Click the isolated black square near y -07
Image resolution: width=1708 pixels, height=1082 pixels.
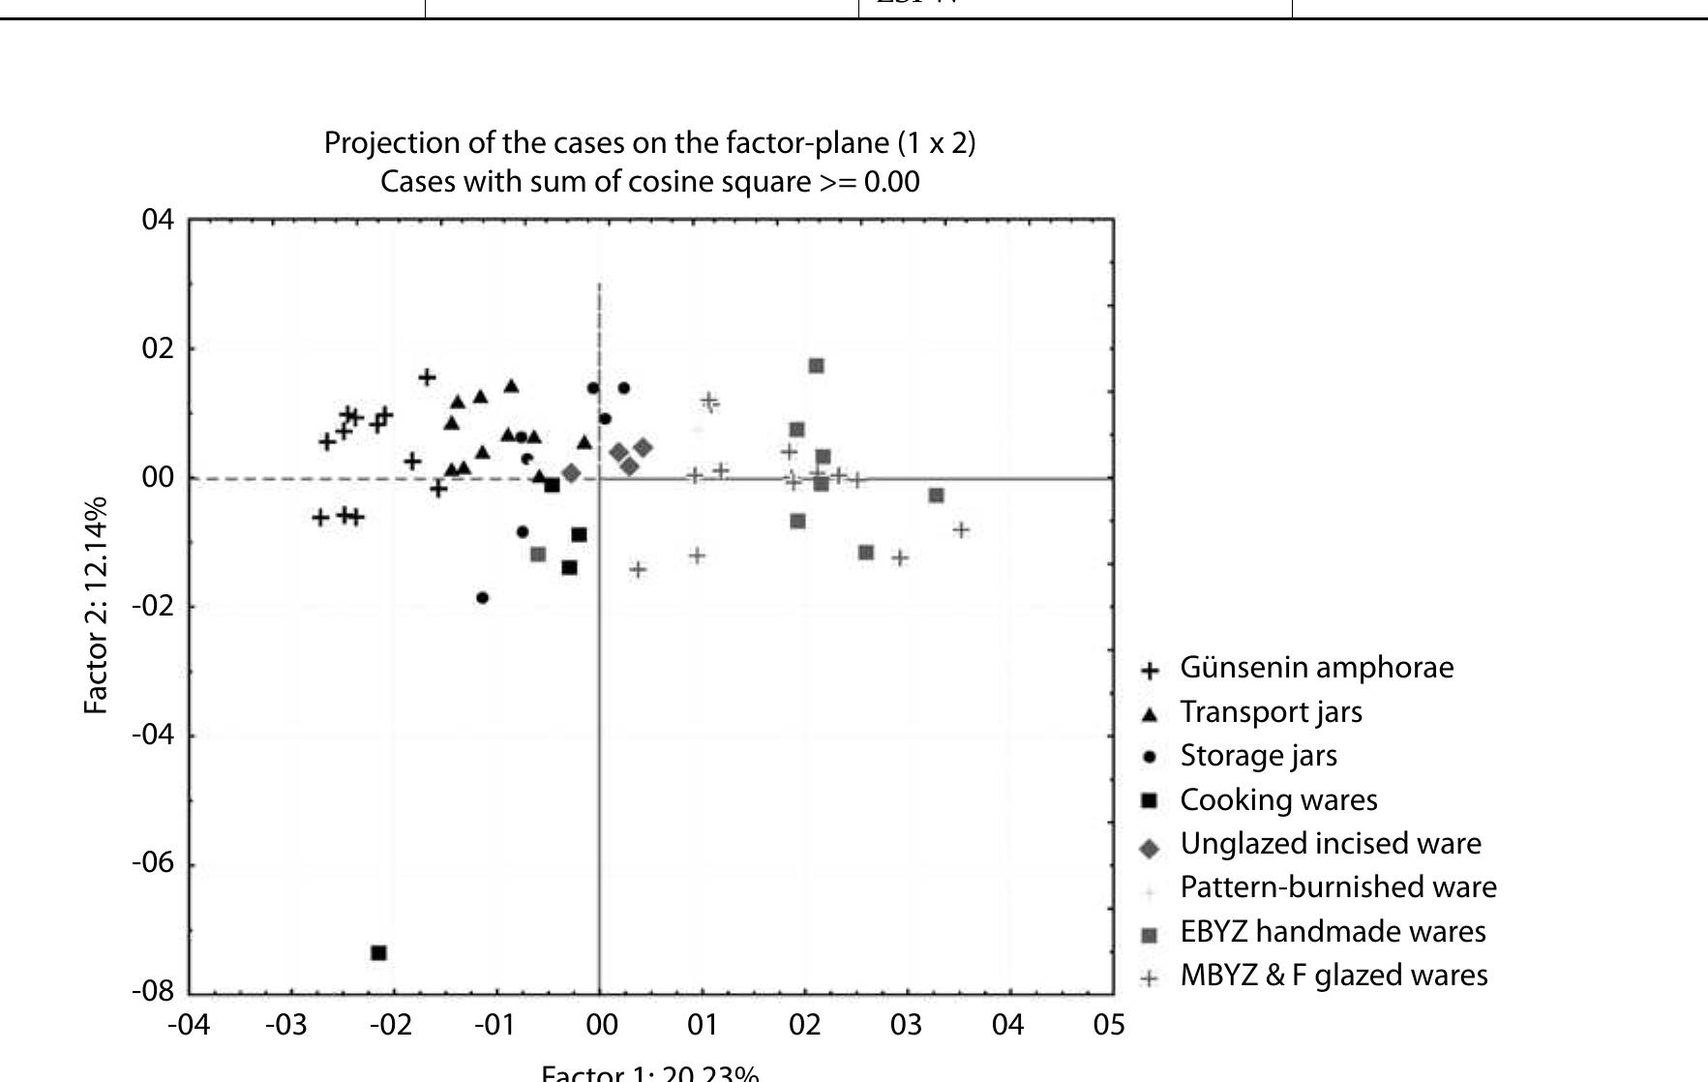click(x=378, y=953)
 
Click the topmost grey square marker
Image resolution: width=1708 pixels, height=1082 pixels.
click(x=817, y=366)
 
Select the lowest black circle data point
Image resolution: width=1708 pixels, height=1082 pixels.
click(x=483, y=598)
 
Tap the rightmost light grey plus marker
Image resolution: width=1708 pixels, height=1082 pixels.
click(x=961, y=530)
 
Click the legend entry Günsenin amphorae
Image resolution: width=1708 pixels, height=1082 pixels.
click(x=1316, y=668)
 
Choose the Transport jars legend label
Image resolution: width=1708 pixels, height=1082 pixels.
click(x=1271, y=712)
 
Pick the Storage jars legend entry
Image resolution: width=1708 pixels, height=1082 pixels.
click(x=1258, y=756)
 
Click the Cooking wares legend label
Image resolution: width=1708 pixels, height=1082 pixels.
click(x=1278, y=800)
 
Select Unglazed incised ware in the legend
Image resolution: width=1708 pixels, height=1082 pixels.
click(x=1330, y=844)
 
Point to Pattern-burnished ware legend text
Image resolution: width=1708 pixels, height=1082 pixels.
click(x=1337, y=887)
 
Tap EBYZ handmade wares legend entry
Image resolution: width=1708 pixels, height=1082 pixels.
click(x=1332, y=932)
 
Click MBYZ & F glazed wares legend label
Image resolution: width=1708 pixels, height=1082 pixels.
click(x=1333, y=975)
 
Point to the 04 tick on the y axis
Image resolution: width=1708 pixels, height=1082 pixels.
click(x=158, y=220)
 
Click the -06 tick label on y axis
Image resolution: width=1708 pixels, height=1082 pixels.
click(x=153, y=862)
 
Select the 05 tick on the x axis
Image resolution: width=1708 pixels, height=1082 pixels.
click(x=1109, y=1025)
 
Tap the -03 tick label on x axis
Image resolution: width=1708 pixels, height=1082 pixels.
click(x=286, y=1025)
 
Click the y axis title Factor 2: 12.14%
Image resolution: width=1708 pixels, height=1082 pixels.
click(x=95, y=607)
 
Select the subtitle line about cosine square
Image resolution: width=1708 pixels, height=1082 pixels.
click(x=649, y=182)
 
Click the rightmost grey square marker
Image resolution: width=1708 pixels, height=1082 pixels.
click(x=936, y=496)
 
